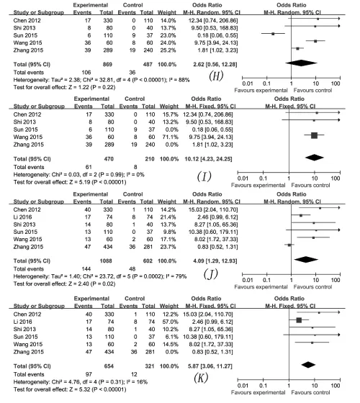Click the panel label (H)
216,76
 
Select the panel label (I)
204,176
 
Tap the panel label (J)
211,274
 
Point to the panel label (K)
201,378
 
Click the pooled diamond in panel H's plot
301,63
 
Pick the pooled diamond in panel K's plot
308,364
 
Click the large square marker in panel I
314,135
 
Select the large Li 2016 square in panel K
299,320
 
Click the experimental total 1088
106,261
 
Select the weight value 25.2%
168,50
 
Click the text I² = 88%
179,80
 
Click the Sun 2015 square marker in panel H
273,34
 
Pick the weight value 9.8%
170,232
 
